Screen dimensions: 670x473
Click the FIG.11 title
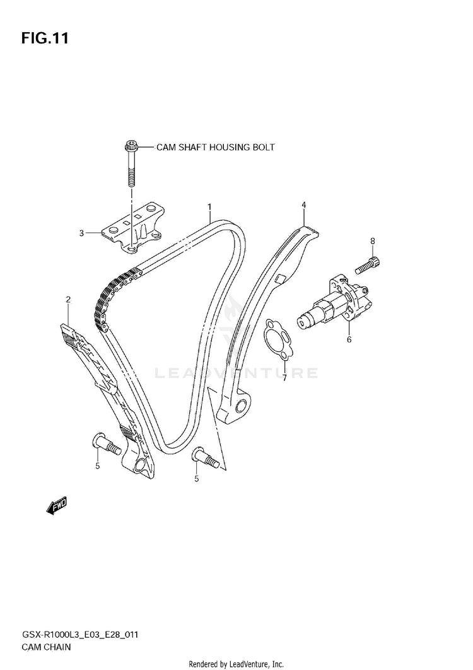(45, 38)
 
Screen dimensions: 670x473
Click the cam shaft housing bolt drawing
(131, 163)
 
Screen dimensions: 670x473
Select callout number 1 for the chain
(209, 206)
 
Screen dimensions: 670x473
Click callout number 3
(81, 233)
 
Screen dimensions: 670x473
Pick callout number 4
(303, 205)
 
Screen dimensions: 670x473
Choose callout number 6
(348, 339)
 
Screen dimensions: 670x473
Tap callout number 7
(284, 378)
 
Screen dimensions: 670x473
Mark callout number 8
(372, 241)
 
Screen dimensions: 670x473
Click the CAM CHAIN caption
(45, 647)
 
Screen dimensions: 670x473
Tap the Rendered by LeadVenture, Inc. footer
(237, 664)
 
